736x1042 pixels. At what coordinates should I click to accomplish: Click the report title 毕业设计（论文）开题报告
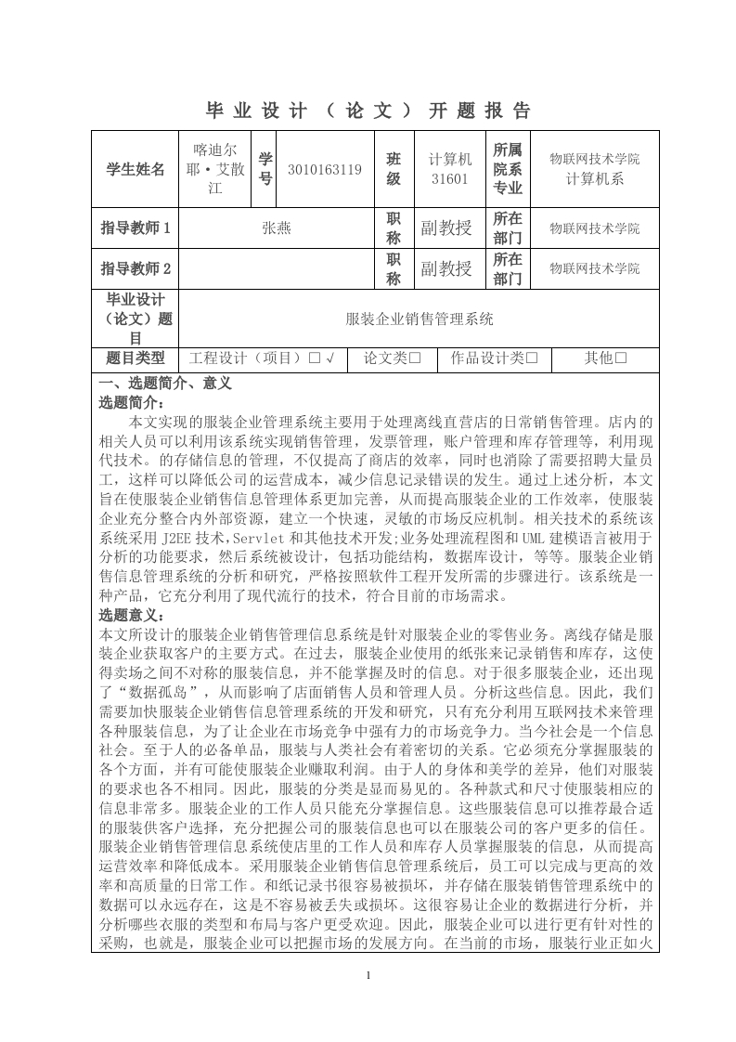(368, 111)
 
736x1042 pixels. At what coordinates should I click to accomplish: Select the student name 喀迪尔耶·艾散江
(214, 168)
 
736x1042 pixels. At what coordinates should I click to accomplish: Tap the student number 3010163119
(325, 169)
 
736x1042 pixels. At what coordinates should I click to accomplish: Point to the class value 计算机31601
(450, 168)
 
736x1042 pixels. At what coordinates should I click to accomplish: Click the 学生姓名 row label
(136, 169)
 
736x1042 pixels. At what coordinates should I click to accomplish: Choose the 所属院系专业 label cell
(508, 168)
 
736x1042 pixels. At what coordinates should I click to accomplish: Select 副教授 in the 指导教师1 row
(445, 228)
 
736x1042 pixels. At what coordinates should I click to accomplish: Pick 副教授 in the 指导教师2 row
(445, 269)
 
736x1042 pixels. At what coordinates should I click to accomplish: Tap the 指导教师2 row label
(136, 269)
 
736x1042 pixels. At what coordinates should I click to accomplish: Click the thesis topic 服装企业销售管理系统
(420, 319)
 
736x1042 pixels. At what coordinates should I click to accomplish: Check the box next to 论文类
(415, 358)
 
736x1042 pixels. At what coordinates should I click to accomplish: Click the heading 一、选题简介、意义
(165, 382)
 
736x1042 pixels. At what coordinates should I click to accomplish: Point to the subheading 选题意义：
(132, 615)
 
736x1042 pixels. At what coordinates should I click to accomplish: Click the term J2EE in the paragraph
(177, 538)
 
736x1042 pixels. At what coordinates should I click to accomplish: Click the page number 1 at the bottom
(368, 975)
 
